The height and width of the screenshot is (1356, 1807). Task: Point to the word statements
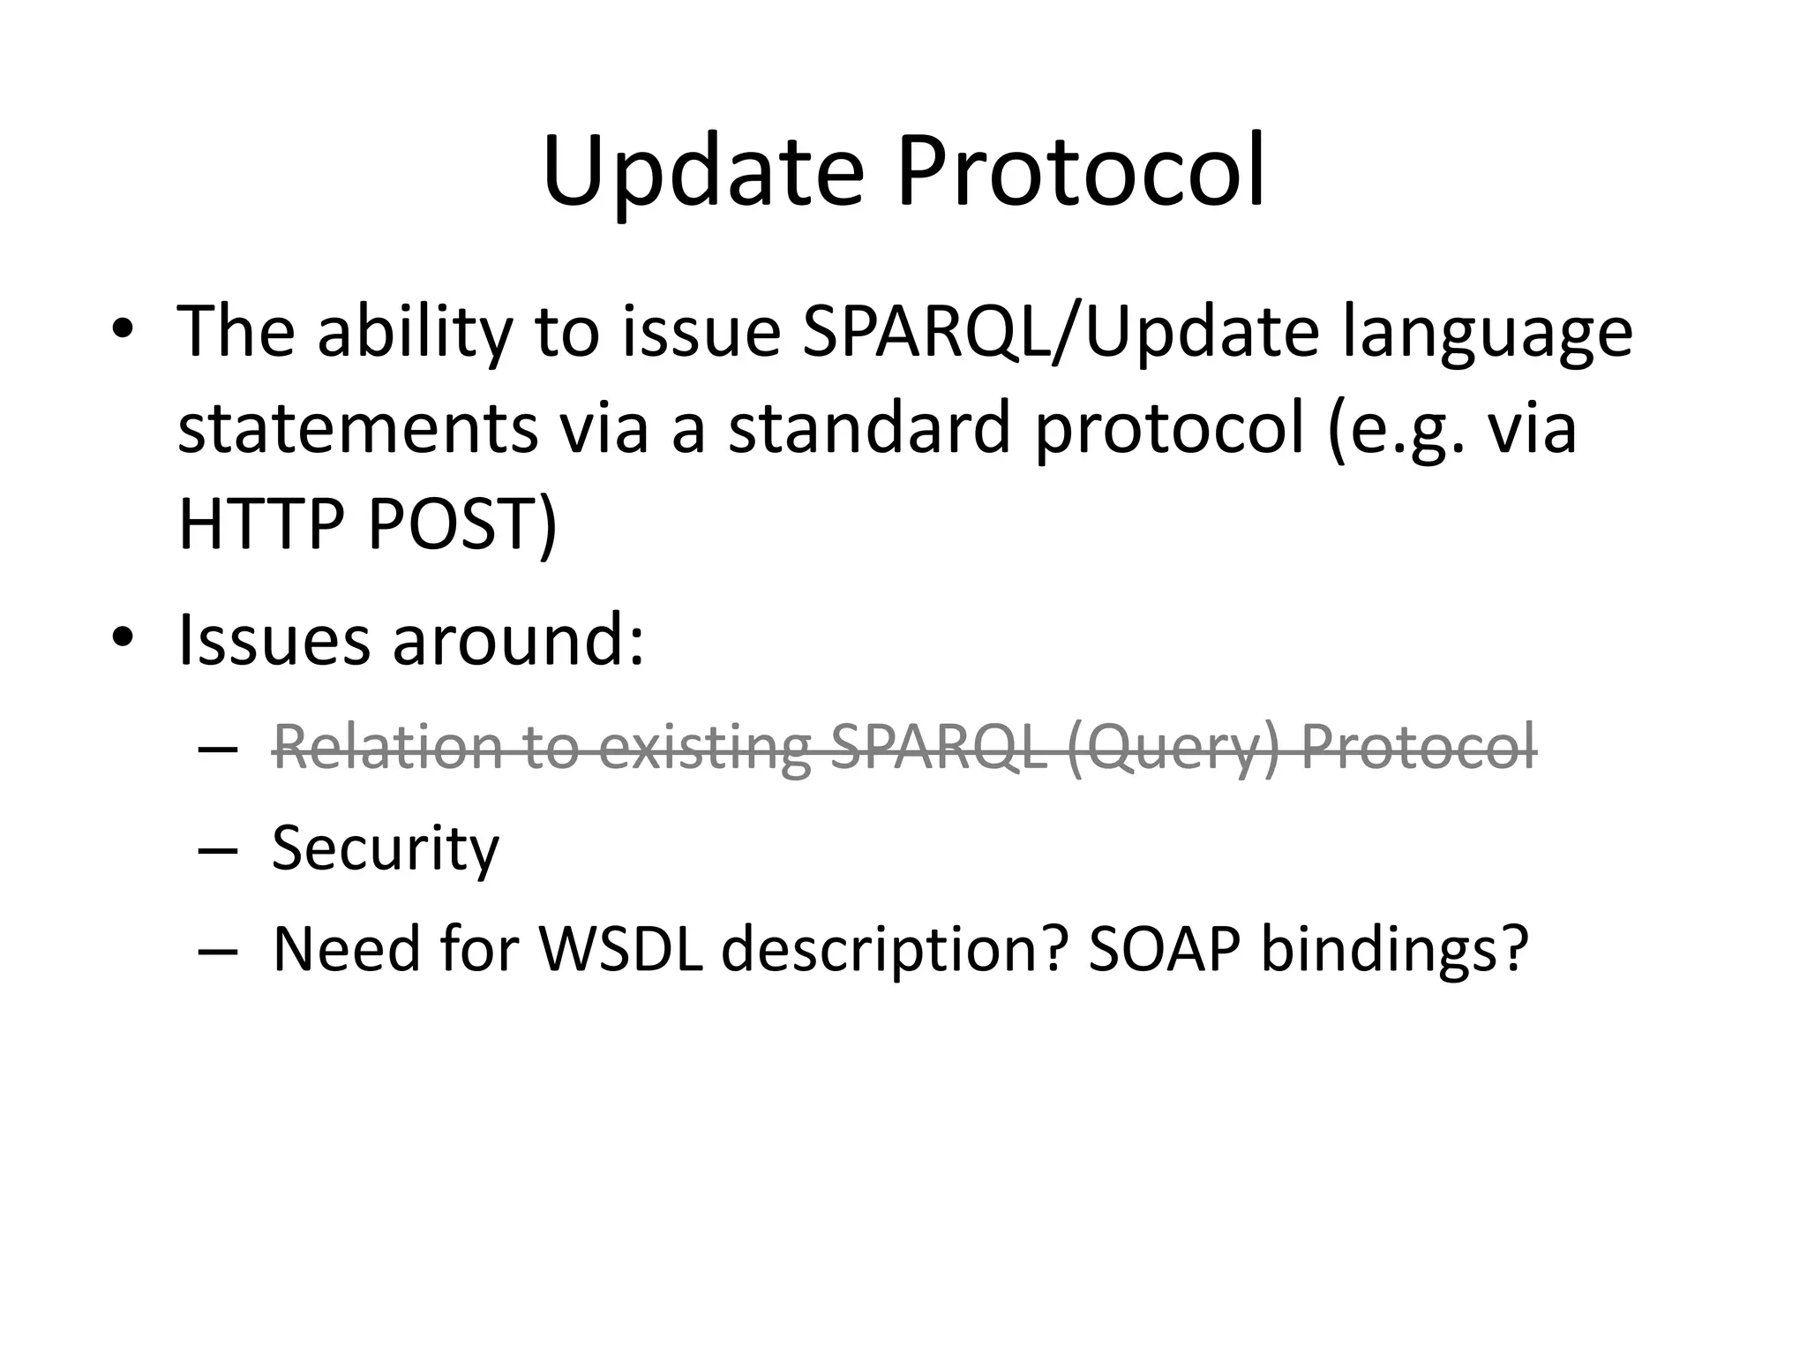coord(357,429)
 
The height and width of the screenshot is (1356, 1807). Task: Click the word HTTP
coord(260,524)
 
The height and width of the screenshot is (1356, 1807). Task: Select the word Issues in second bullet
coord(274,639)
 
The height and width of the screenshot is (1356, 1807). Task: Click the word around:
coord(519,639)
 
